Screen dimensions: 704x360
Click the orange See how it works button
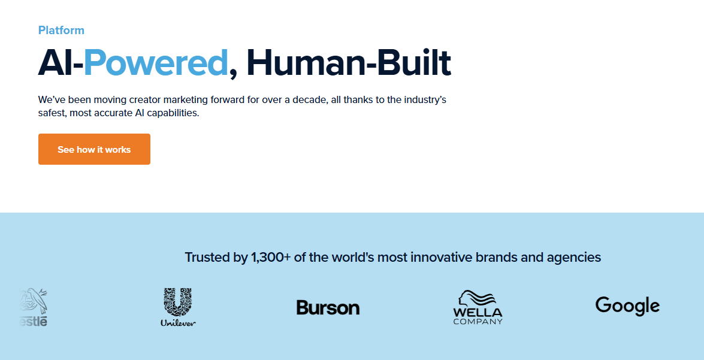[x=94, y=149]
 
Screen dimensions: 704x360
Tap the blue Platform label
[x=61, y=30]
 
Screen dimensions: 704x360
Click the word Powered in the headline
[x=156, y=62]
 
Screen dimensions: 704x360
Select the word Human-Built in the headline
[x=349, y=62]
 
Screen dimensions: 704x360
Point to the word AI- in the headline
[x=61, y=62]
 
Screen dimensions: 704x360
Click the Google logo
[x=627, y=306]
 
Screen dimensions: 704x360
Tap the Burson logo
[x=328, y=307]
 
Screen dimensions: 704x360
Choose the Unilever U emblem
[x=178, y=302]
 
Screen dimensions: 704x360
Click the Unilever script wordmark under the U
[x=178, y=322]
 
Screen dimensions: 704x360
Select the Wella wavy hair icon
[x=476, y=298]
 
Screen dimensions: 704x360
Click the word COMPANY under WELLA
[x=478, y=321]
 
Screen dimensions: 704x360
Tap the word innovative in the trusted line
[x=442, y=257]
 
